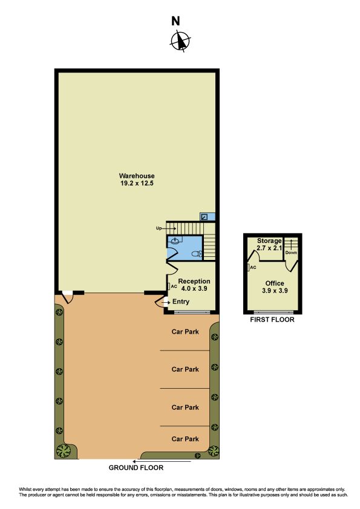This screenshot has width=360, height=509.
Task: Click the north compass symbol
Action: (180, 41)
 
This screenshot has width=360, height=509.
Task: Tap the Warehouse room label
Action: (137, 176)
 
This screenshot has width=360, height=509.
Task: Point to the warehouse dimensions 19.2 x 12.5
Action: (137, 183)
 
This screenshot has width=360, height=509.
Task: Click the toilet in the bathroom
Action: (197, 254)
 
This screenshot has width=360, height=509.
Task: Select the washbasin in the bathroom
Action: (175, 241)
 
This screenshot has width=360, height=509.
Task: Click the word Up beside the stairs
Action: (159, 229)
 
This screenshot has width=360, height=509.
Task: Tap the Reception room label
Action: (194, 281)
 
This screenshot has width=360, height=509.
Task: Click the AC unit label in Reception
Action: (174, 287)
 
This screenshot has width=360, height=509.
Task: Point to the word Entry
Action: (181, 302)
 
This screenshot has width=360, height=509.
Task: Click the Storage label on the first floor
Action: (269, 241)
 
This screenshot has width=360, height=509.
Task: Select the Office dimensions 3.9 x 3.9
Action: (275, 291)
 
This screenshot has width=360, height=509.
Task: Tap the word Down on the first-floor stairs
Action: (291, 253)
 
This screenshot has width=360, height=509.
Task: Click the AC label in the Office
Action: (253, 267)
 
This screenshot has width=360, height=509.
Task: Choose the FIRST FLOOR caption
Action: (272, 320)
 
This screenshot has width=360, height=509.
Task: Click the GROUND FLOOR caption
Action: (136, 468)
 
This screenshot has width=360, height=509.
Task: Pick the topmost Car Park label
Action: (185, 332)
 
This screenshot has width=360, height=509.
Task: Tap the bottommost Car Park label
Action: (185, 439)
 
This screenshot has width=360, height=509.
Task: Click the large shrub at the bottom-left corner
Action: (64, 450)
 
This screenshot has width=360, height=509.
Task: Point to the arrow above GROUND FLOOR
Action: (162, 461)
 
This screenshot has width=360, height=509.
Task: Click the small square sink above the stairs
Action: (205, 217)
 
